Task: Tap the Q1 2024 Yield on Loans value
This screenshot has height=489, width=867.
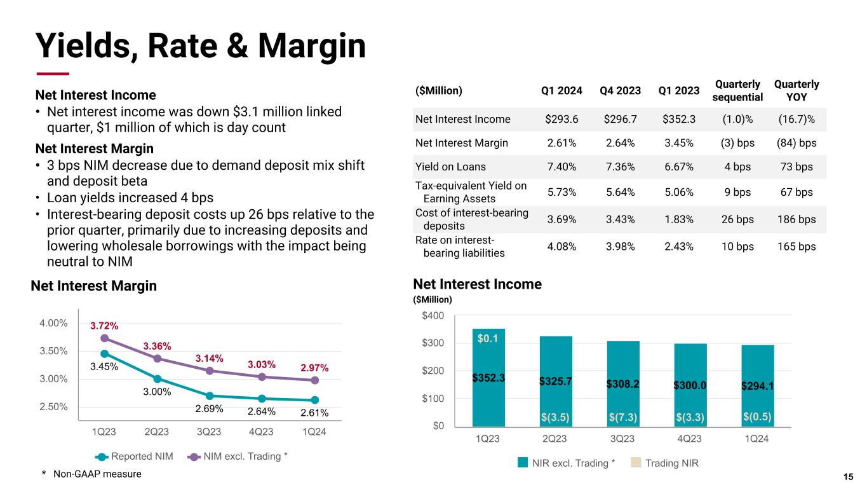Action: point(561,167)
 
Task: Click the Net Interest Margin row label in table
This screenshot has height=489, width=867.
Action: point(461,143)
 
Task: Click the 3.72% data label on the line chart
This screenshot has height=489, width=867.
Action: point(104,326)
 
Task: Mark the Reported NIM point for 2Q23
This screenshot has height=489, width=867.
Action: point(157,379)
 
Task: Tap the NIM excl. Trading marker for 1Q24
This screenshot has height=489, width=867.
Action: point(315,380)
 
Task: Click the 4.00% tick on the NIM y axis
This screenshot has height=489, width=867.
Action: point(53,323)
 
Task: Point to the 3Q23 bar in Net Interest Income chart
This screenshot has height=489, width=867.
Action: point(622,383)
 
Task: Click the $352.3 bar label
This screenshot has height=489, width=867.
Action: point(488,378)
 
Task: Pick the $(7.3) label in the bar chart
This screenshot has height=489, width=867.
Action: point(622,417)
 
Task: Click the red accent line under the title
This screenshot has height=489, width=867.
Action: point(52,73)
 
